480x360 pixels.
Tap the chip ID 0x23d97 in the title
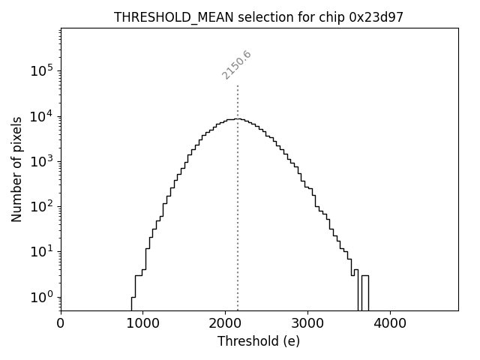click(x=376, y=17)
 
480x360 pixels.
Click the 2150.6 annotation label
click(x=236, y=64)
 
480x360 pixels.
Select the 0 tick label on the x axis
click(x=61, y=324)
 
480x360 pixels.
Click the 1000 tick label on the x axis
click(x=142, y=324)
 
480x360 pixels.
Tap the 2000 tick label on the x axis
click(x=225, y=324)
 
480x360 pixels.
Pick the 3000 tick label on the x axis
click(x=307, y=324)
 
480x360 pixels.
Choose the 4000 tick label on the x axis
click(x=390, y=324)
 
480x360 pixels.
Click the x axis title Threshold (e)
click(x=259, y=341)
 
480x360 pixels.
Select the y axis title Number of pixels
click(x=17, y=169)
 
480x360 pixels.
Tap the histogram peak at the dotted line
click(x=238, y=118)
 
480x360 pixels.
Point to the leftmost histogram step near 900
click(x=133, y=300)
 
